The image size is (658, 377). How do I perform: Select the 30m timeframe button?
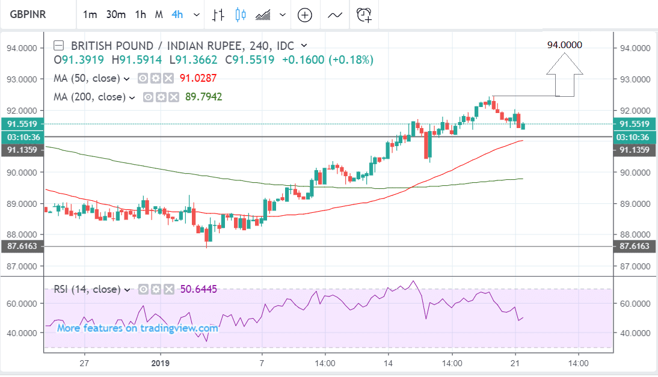point(115,14)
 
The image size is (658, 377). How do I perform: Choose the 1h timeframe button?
point(140,14)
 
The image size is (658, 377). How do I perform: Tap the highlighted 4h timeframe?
point(177,14)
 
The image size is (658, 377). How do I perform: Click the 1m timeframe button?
point(90,14)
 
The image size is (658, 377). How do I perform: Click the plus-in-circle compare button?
point(305,15)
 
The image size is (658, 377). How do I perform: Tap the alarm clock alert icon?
point(364,15)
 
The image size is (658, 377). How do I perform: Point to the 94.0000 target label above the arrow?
point(564,45)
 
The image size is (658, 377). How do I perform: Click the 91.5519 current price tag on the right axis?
point(635,124)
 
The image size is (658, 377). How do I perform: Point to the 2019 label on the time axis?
point(159,363)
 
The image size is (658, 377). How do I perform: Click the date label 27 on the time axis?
point(84,363)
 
